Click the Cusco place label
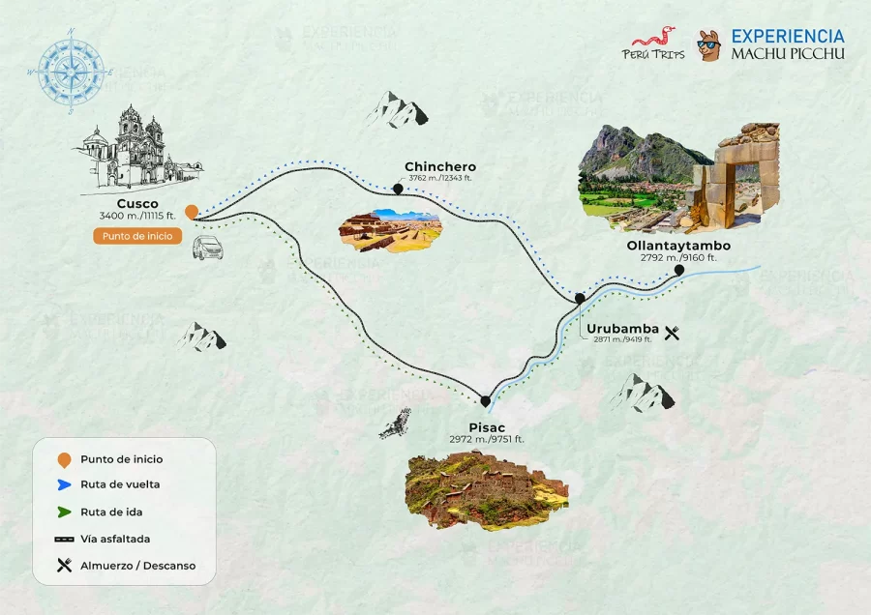click(x=137, y=203)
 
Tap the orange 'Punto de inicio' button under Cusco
click(x=137, y=235)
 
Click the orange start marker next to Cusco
click(x=192, y=211)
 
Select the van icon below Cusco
click(x=207, y=249)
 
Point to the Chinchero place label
click(x=440, y=166)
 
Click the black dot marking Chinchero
click(x=398, y=190)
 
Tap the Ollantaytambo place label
click(x=678, y=246)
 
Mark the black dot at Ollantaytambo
click(x=679, y=271)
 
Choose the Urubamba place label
click(x=622, y=328)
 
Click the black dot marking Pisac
click(x=485, y=400)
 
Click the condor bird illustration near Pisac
click(x=395, y=424)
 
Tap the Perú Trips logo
click(x=653, y=44)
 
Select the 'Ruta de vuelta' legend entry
click(x=120, y=484)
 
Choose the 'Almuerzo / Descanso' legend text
click(x=137, y=566)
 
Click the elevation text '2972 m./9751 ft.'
click(x=486, y=439)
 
